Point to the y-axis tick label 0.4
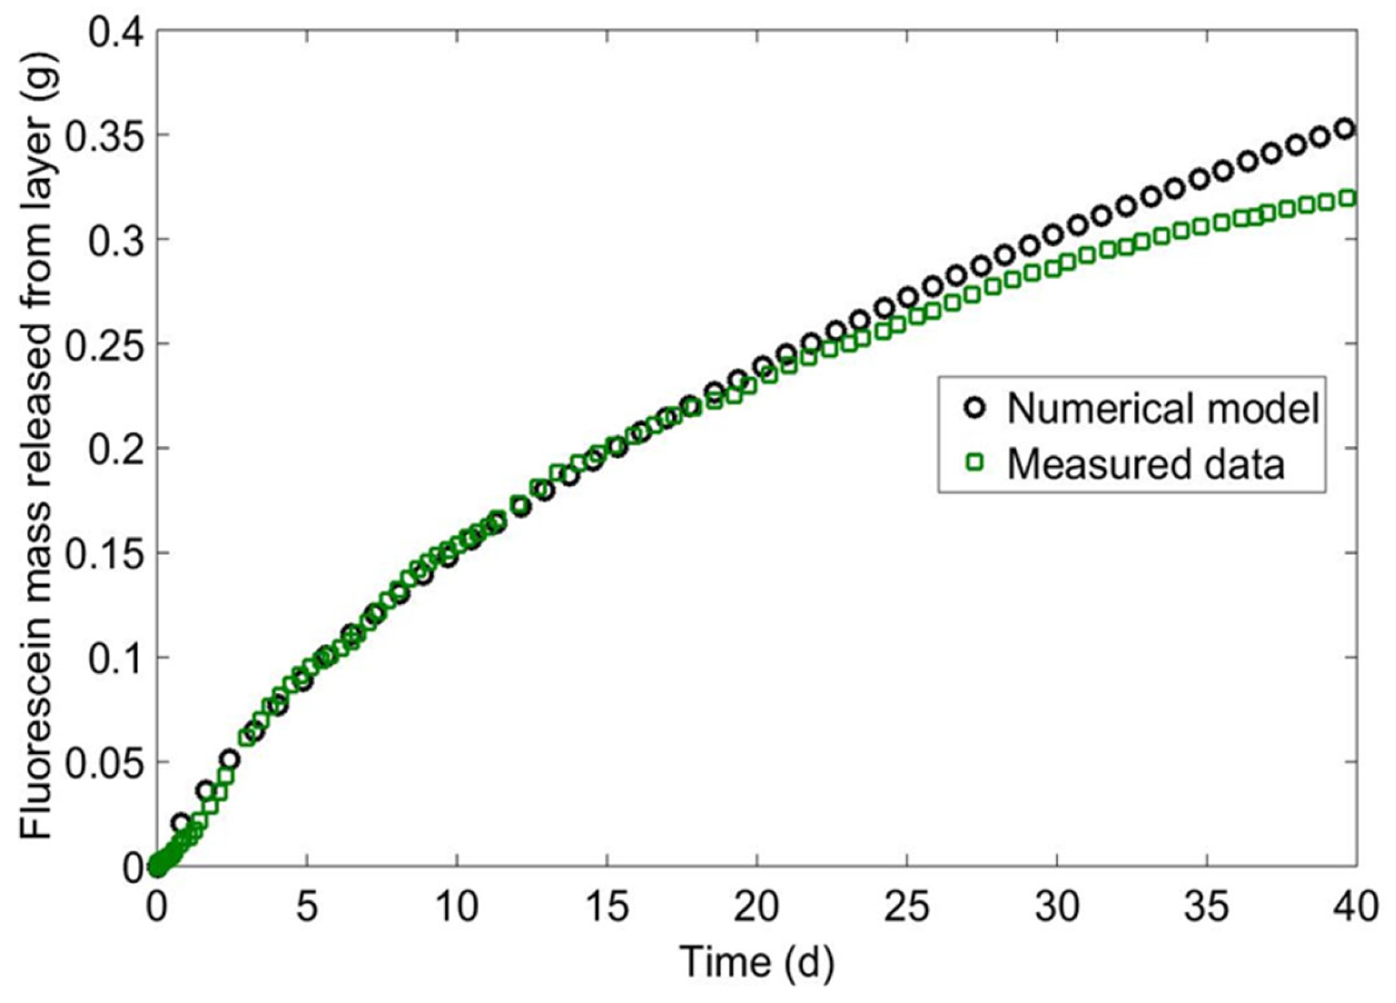pyautogui.click(x=118, y=31)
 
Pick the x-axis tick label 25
pyautogui.click(x=907, y=907)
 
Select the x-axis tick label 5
pyautogui.click(x=307, y=907)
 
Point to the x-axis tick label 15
pyautogui.click(x=607, y=907)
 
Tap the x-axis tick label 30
pyautogui.click(x=1057, y=907)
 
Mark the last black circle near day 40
pyautogui.click(x=1346, y=129)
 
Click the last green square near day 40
pyautogui.click(x=1347, y=198)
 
